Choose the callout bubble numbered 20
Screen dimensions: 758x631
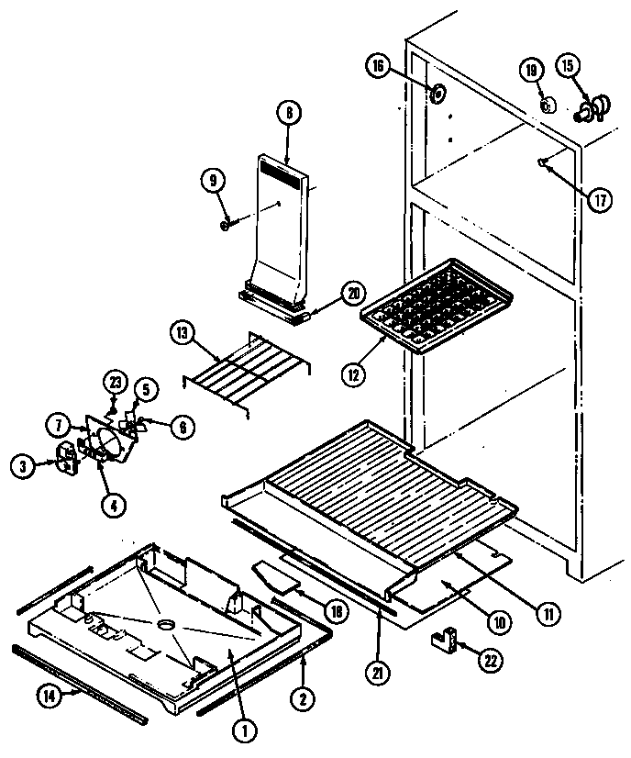(353, 293)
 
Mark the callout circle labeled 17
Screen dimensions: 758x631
(600, 201)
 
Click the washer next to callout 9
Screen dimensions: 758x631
(226, 224)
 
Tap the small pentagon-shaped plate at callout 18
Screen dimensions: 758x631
(278, 577)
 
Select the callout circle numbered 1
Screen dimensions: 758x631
(245, 731)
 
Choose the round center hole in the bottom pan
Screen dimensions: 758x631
(166, 625)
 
